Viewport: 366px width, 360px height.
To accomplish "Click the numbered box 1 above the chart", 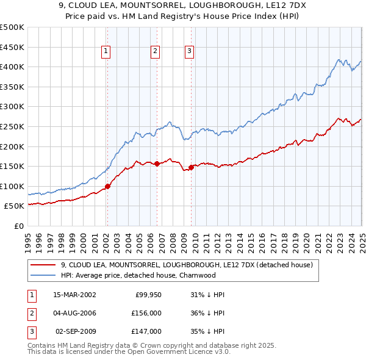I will click(x=106, y=52).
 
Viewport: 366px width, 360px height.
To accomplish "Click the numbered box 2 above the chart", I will click(x=156, y=52).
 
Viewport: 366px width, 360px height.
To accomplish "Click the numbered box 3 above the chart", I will click(x=190, y=52).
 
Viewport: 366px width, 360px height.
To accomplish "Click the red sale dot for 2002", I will click(x=107, y=186).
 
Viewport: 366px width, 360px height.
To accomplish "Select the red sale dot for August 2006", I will click(x=157, y=164).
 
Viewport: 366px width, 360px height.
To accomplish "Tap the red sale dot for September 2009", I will click(x=191, y=167).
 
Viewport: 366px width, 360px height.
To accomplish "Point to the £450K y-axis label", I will click(x=12, y=47).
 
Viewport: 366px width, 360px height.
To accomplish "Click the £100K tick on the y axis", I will click(x=12, y=186).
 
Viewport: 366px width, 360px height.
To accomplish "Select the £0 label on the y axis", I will click(x=18, y=226).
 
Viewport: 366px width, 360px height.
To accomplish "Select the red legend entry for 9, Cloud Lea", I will click(x=187, y=265).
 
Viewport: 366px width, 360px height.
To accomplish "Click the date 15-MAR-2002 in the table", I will click(x=74, y=294).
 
